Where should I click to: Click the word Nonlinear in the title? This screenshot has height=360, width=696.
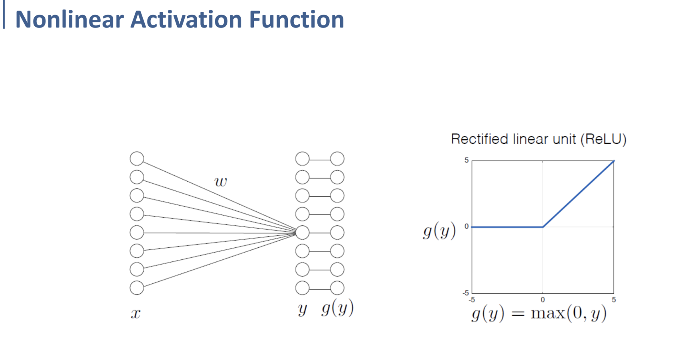pos(69,19)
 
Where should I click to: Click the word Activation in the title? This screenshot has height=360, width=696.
pos(186,19)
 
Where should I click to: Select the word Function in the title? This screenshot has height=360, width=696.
pos(297,19)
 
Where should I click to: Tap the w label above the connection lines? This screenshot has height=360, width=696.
pos(221,182)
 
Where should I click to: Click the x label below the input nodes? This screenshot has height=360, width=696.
pos(136,314)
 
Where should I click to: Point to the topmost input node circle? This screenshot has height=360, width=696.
pos(137,158)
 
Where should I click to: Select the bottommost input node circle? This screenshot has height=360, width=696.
pos(137,288)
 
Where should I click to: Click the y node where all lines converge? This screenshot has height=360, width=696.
pos(303,232)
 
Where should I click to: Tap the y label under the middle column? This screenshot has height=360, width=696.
pos(303,309)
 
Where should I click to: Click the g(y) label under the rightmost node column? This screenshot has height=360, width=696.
pos(338,309)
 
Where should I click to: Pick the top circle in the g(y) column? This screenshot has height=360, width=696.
pos(337,158)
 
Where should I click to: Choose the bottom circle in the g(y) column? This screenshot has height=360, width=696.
pos(337,288)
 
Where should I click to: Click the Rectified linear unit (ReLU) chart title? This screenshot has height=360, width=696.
pos(538,139)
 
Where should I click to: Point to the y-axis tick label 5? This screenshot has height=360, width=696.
pos(467,160)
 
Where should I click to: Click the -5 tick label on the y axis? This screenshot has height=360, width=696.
pos(466,293)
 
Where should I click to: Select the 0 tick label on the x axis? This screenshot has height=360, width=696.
pos(543,300)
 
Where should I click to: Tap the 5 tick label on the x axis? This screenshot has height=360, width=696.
pos(614,300)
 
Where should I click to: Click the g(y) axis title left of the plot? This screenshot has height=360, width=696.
pos(439,231)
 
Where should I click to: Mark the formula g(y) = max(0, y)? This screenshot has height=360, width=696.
pos(539,313)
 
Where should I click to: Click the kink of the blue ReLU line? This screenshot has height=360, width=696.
pos(543,227)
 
